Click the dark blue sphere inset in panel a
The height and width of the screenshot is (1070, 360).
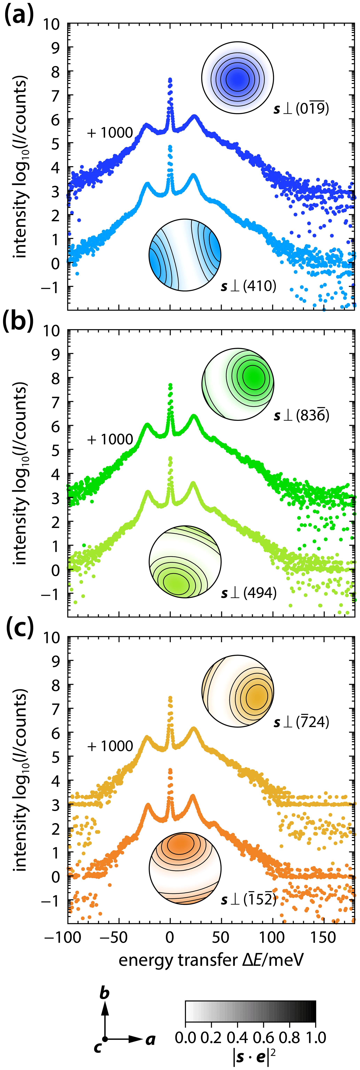pos(238,78)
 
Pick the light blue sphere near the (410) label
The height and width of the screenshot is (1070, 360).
pos(185,255)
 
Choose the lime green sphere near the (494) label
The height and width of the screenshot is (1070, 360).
pos(185,561)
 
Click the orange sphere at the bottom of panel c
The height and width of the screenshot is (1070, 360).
pos(185,868)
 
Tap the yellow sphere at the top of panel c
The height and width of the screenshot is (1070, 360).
pos(238,691)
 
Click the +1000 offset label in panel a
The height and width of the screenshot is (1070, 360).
pos(110,133)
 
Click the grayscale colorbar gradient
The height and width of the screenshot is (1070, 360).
pos(250,1011)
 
